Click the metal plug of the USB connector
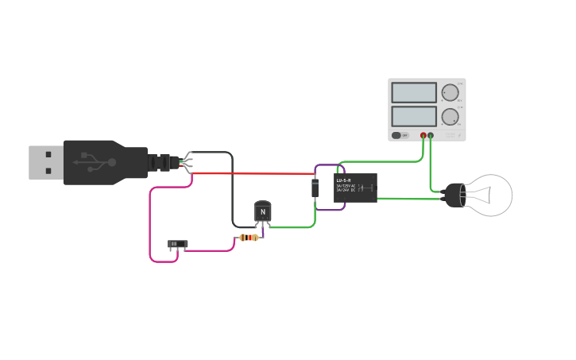pos(45,162)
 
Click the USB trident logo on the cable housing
pos(94,163)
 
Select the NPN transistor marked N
pos(262,211)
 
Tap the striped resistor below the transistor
pos(249,237)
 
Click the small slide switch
pos(177,244)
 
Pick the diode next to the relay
pos(315,188)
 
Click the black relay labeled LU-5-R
pos(355,188)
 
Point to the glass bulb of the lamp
pos(490,195)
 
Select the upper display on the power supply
pos(413,93)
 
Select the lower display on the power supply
pos(413,116)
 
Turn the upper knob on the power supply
pos(450,93)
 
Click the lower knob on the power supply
pos(450,117)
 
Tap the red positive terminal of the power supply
pos(423,136)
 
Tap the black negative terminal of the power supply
pos(431,136)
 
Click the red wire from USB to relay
pos(254,173)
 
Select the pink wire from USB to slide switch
pos(150,226)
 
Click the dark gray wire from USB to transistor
pos(232,191)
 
